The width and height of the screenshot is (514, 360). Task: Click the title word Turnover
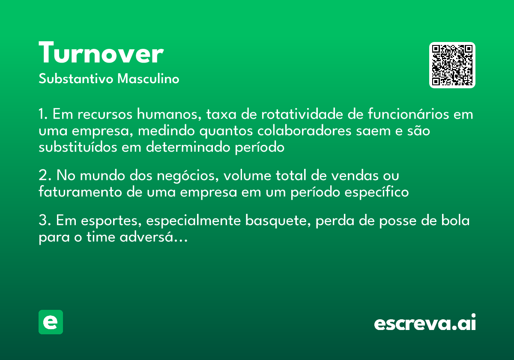click(101, 54)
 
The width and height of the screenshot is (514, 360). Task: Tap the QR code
click(452, 65)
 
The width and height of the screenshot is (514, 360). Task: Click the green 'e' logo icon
click(51, 322)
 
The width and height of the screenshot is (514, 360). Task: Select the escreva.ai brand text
click(425, 323)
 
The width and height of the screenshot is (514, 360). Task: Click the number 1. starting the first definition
click(43, 115)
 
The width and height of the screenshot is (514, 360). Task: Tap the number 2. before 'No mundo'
click(45, 176)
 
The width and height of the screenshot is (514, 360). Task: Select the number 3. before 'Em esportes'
click(45, 221)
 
